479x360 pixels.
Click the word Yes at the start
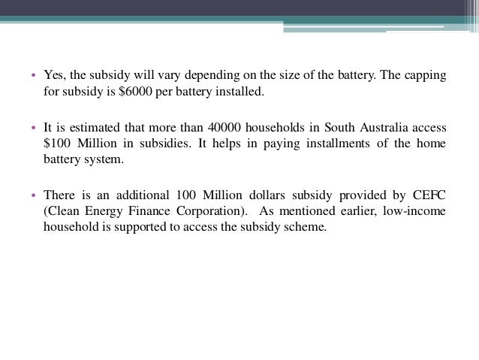54,76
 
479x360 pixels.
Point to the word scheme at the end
309,227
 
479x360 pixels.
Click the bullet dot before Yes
34,77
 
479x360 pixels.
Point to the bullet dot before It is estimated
34,128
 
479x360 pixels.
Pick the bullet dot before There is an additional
34,194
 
